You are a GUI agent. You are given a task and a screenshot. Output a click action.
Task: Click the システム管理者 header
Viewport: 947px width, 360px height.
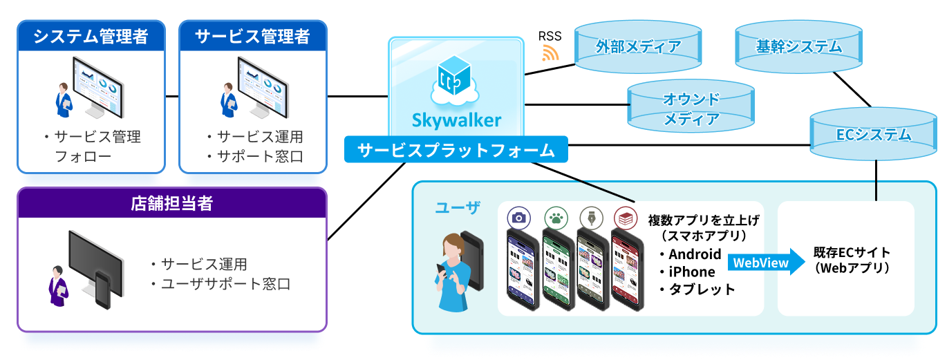(91, 36)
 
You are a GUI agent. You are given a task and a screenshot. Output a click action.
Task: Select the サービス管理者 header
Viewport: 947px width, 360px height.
(252, 36)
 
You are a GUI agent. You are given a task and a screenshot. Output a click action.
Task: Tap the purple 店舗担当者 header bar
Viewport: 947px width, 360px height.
(171, 203)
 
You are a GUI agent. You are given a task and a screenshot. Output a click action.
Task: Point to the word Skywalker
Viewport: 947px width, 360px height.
(456, 120)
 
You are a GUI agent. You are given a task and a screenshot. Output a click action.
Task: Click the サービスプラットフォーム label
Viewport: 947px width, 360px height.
(456, 149)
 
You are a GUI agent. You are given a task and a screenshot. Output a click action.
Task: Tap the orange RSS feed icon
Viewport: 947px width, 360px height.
(550, 53)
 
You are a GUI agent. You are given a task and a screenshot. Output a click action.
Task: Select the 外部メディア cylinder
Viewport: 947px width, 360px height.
(638, 47)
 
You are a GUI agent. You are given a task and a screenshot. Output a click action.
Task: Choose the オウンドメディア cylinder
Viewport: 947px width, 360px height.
(691, 108)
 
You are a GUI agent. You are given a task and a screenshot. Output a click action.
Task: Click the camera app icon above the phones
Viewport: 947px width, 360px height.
(518, 217)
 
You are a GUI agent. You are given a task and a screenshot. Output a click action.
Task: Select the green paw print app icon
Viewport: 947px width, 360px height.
(554, 217)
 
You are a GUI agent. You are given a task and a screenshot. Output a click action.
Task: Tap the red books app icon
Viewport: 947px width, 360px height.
(624, 217)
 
